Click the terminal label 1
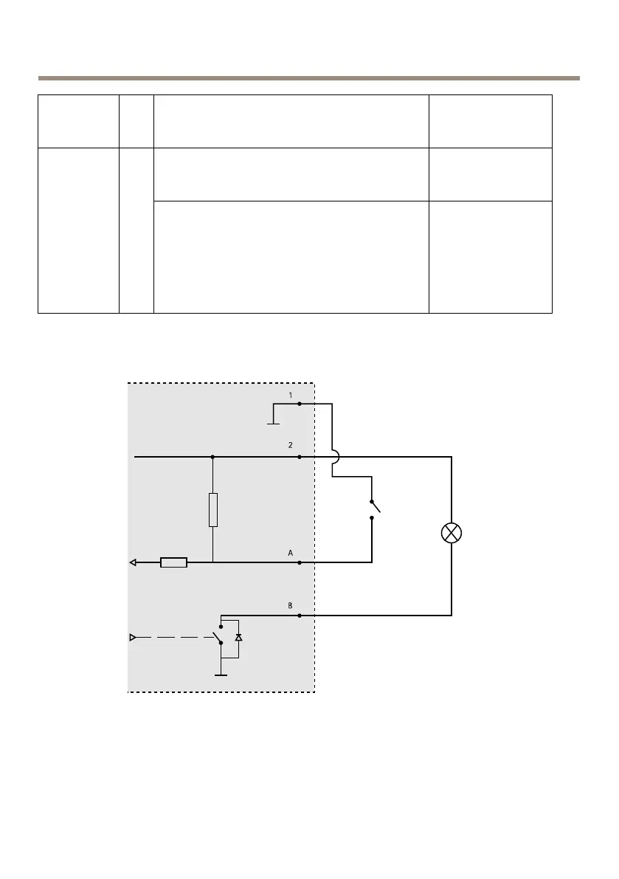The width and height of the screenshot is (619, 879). (x=290, y=396)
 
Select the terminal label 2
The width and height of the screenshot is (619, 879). (x=290, y=447)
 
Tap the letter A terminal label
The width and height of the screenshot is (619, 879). (x=290, y=552)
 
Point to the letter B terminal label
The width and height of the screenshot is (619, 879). (x=290, y=605)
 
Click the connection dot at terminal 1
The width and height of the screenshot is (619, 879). (x=299, y=404)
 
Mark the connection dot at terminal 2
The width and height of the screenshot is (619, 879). (x=299, y=457)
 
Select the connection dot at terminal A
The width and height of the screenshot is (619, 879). (x=299, y=562)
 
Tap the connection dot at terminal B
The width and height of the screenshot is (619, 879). (x=299, y=616)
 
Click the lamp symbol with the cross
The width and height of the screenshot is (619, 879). (x=452, y=533)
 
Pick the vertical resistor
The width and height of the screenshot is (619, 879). (x=212, y=510)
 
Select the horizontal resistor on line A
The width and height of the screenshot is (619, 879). (x=173, y=562)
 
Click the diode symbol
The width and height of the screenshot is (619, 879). (x=238, y=636)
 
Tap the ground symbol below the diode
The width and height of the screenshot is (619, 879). (x=220, y=672)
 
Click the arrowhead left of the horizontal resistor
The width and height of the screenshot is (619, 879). (x=134, y=562)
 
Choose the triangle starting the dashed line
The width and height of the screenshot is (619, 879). (x=133, y=636)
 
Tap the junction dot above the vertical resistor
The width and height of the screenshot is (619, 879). (x=212, y=457)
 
